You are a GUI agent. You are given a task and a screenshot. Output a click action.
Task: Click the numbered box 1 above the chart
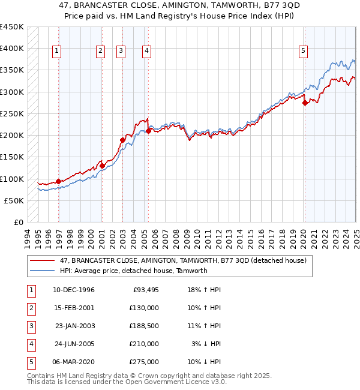(x=56, y=52)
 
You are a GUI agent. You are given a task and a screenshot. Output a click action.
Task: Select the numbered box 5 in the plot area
(x=304, y=52)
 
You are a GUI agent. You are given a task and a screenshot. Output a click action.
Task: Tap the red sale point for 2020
(x=305, y=103)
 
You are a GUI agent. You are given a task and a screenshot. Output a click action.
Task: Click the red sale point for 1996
(x=58, y=181)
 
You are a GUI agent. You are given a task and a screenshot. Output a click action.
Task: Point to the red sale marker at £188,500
(x=122, y=140)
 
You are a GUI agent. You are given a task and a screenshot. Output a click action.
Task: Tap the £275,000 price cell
(x=145, y=362)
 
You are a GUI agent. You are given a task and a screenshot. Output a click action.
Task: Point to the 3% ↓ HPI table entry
(x=208, y=344)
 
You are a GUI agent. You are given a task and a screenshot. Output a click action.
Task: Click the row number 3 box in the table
(x=30, y=326)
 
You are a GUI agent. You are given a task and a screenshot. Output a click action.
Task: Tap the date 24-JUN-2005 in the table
(x=74, y=344)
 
